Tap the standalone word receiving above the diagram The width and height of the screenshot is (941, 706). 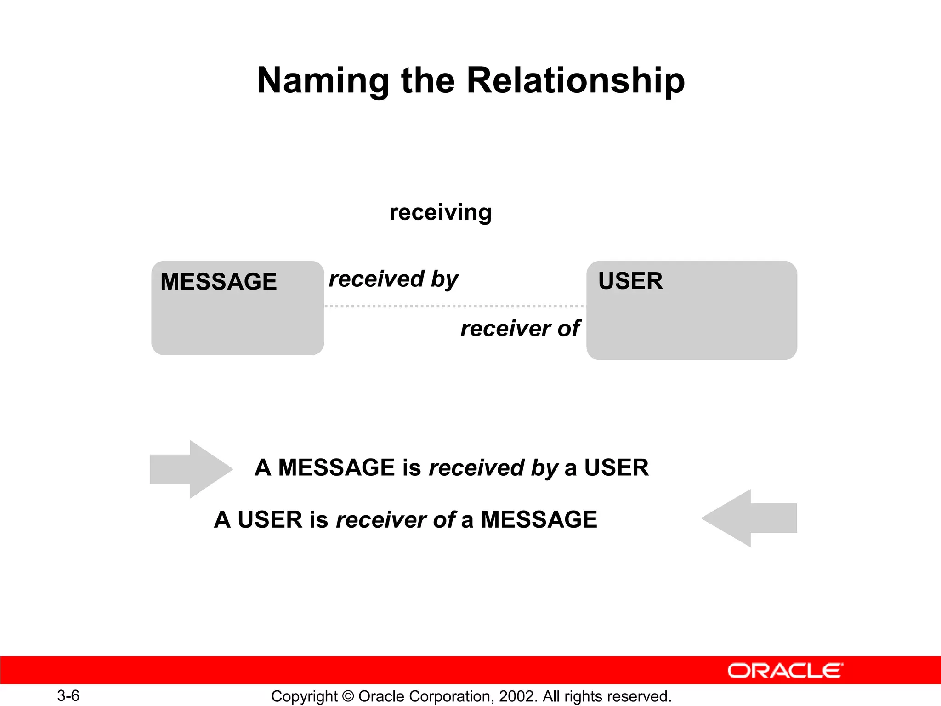pos(440,212)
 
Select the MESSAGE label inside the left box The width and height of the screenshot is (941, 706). pos(219,281)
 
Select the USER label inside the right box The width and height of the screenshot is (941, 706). pos(630,281)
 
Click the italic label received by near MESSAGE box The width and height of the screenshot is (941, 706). pos(393,279)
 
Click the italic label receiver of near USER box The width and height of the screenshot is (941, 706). pos(520,329)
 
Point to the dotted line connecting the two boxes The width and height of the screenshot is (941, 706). pos(455,306)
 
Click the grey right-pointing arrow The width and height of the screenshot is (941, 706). pos(191,469)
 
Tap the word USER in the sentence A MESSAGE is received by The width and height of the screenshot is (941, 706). pos(616,467)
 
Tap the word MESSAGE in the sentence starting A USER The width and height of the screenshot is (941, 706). pos(539,520)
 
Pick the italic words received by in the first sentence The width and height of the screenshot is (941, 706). pos(493,468)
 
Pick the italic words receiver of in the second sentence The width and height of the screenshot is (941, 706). pos(396,520)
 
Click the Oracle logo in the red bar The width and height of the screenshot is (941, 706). pos(785,671)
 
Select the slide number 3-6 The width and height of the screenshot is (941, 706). pos(68,695)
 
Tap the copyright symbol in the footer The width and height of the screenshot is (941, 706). pos(348,696)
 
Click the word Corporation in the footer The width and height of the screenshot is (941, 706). pos(451,696)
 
